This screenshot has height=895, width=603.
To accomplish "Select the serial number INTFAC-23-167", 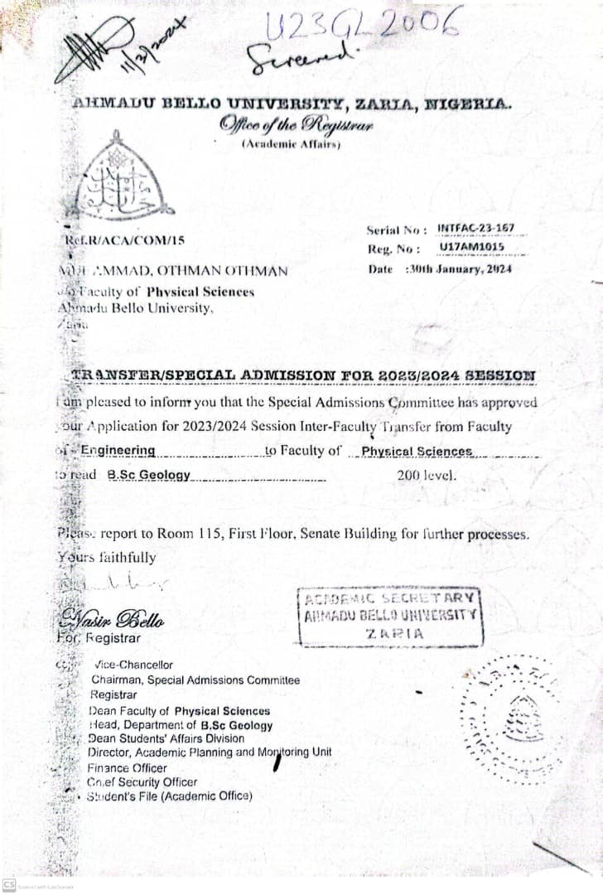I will click(475, 228).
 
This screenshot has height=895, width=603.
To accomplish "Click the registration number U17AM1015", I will click(470, 248).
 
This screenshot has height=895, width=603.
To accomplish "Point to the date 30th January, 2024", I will click(459, 268).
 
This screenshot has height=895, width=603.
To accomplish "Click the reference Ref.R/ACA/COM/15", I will click(124, 240).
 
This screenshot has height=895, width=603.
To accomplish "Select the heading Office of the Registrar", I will click(297, 126).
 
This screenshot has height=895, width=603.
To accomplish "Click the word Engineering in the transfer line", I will click(118, 451).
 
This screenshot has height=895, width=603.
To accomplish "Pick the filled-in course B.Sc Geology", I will click(149, 476).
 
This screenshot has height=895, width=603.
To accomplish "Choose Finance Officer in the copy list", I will click(127, 767).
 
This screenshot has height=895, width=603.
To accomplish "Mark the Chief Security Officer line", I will click(142, 781).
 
